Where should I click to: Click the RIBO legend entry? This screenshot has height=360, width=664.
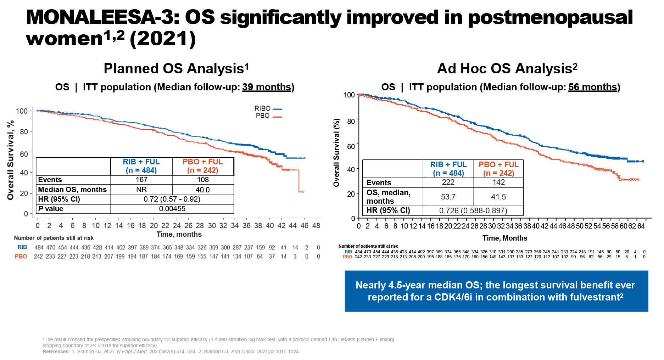point(268,108)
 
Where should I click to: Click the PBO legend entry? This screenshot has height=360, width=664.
point(268,116)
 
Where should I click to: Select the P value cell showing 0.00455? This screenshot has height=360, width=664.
point(172,209)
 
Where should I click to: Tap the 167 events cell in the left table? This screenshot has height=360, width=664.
point(141,180)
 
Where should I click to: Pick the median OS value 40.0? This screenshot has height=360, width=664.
point(202,190)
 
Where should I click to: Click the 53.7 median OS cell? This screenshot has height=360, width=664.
point(448,197)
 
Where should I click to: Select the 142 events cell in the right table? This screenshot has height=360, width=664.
point(498,182)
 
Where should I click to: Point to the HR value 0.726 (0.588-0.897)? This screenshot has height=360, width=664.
point(473,210)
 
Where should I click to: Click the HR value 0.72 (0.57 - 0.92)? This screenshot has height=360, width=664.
point(172,199)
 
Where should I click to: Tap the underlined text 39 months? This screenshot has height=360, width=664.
point(267,87)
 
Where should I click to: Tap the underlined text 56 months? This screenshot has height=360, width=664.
point(593,87)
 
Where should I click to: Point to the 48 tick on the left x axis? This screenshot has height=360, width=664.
point(316,225)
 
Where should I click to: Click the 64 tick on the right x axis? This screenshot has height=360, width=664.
point(641,226)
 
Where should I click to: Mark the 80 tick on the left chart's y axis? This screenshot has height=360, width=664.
point(24,132)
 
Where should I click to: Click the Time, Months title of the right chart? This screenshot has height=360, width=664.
point(504,238)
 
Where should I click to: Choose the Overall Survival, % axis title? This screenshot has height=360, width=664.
point(11,160)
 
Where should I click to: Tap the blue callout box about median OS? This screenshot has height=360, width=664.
point(496,291)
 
